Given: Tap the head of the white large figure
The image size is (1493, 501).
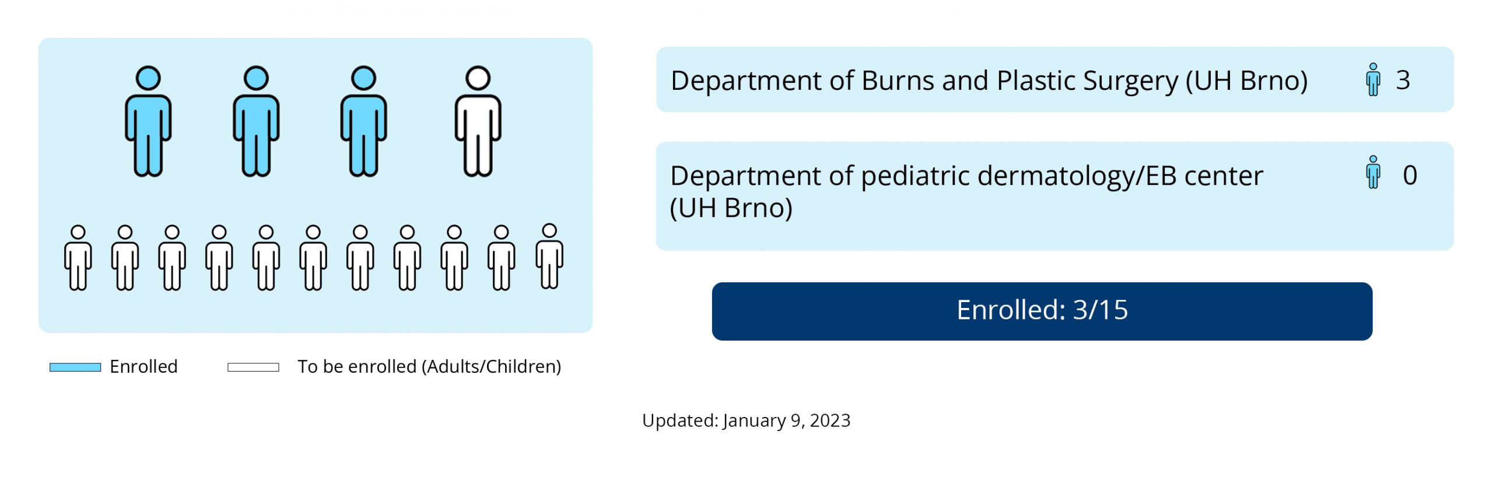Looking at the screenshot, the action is tap(478, 78).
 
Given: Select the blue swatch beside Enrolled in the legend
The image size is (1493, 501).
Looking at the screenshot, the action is tap(75, 367).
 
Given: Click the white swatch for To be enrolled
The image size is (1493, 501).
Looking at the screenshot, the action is tap(253, 367).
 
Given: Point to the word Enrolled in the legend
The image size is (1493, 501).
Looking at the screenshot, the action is tap(143, 366).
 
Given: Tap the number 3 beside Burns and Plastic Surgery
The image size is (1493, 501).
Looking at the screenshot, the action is tap(1403, 80).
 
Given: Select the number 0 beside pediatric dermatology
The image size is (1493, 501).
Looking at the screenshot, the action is tap(1410, 175).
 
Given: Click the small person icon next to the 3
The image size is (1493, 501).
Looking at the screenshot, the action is tap(1373, 79).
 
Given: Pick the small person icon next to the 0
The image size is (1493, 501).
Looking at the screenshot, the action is tap(1373, 172).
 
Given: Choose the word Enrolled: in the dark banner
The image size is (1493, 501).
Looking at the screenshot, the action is tap(1011, 310).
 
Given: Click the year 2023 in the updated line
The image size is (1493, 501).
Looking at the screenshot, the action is tap(830, 421).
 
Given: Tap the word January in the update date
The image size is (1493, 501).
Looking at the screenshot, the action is tap(754, 421).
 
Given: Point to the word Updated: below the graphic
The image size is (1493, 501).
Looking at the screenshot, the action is tap(680, 421).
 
